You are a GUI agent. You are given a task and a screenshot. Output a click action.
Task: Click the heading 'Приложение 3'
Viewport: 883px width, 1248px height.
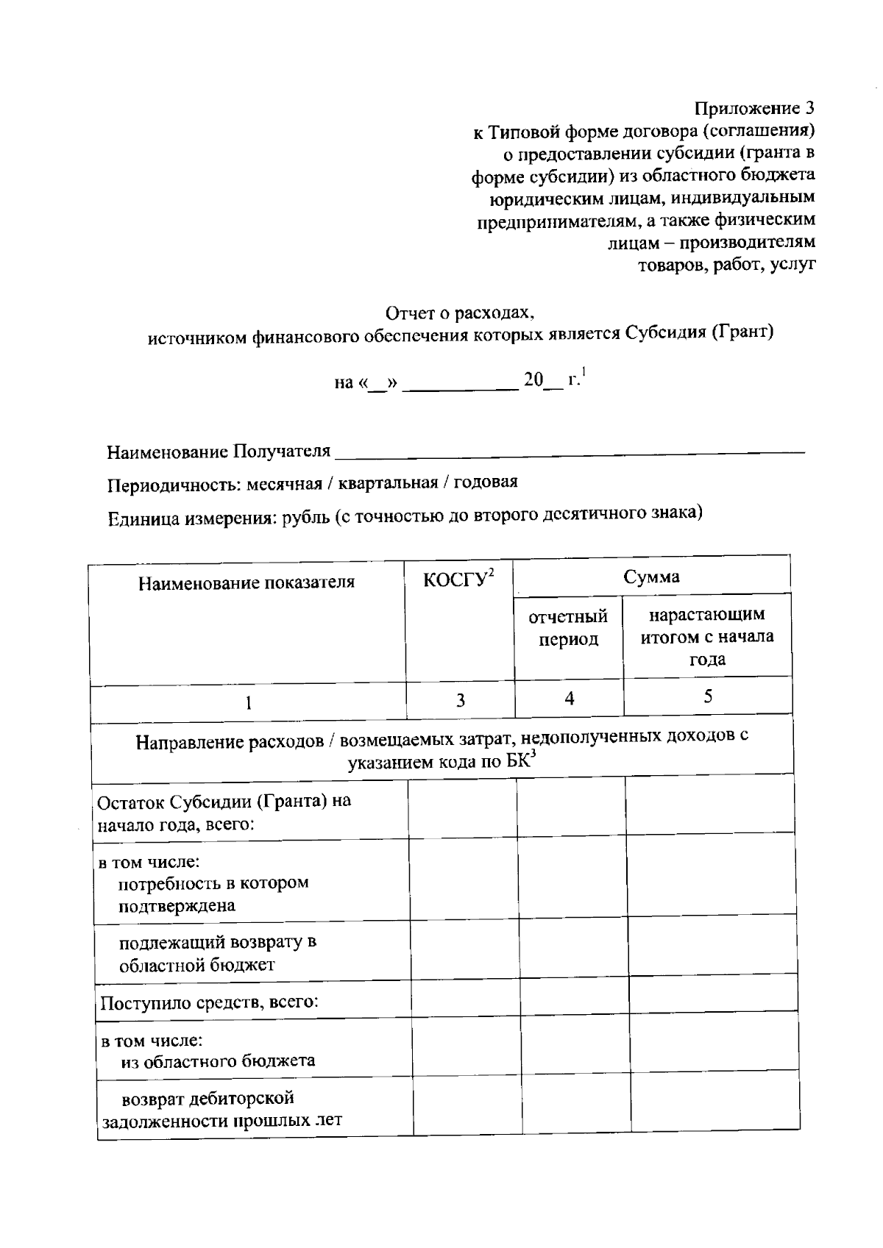point(755,109)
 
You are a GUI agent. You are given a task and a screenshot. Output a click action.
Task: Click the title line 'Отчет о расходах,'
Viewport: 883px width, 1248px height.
point(461,313)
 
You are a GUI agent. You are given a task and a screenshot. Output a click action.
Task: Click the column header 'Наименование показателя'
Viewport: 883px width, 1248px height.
point(247,583)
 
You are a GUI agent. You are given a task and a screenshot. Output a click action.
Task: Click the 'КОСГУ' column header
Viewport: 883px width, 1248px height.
point(456,580)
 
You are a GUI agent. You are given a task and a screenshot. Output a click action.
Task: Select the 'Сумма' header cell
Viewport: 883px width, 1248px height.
point(651,577)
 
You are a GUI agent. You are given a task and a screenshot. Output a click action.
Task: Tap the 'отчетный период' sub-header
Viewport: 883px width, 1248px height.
point(568,628)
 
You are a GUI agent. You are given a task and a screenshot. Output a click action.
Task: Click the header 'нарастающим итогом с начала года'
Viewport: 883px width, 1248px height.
point(707,636)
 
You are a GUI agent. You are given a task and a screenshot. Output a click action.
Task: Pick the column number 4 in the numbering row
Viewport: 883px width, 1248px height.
point(570,699)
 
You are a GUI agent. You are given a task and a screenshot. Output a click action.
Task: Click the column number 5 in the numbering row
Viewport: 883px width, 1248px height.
point(708,696)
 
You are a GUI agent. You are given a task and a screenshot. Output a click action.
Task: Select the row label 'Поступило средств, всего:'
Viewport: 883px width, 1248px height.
point(209,1002)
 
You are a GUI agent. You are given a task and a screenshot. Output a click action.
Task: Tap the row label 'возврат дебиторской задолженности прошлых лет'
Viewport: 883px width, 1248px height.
point(221,1110)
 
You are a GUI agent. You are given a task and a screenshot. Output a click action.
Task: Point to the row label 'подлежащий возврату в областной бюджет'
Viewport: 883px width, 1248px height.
point(217,954)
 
